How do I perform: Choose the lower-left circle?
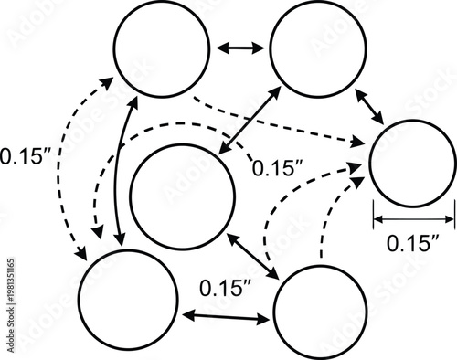coord(128,298)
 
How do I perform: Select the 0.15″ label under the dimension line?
coord(413,243)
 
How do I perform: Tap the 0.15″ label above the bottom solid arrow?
coord(226,288)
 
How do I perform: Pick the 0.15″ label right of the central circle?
coord(278,168)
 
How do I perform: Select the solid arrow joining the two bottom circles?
coord(226,315)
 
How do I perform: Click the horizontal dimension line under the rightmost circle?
coord(413,219)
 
